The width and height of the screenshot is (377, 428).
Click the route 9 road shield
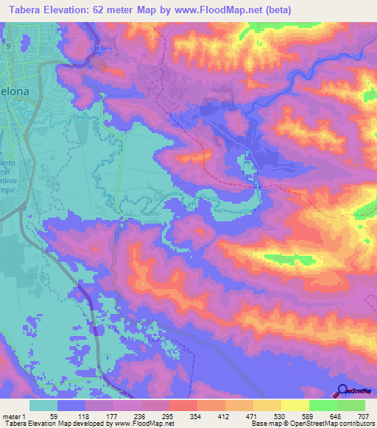8,46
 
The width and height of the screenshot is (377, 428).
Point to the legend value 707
364,415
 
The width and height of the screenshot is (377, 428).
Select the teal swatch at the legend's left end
43,405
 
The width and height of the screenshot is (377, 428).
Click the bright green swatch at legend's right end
350,405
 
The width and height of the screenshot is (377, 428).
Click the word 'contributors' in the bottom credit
355,424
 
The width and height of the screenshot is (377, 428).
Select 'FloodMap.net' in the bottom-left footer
149,424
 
